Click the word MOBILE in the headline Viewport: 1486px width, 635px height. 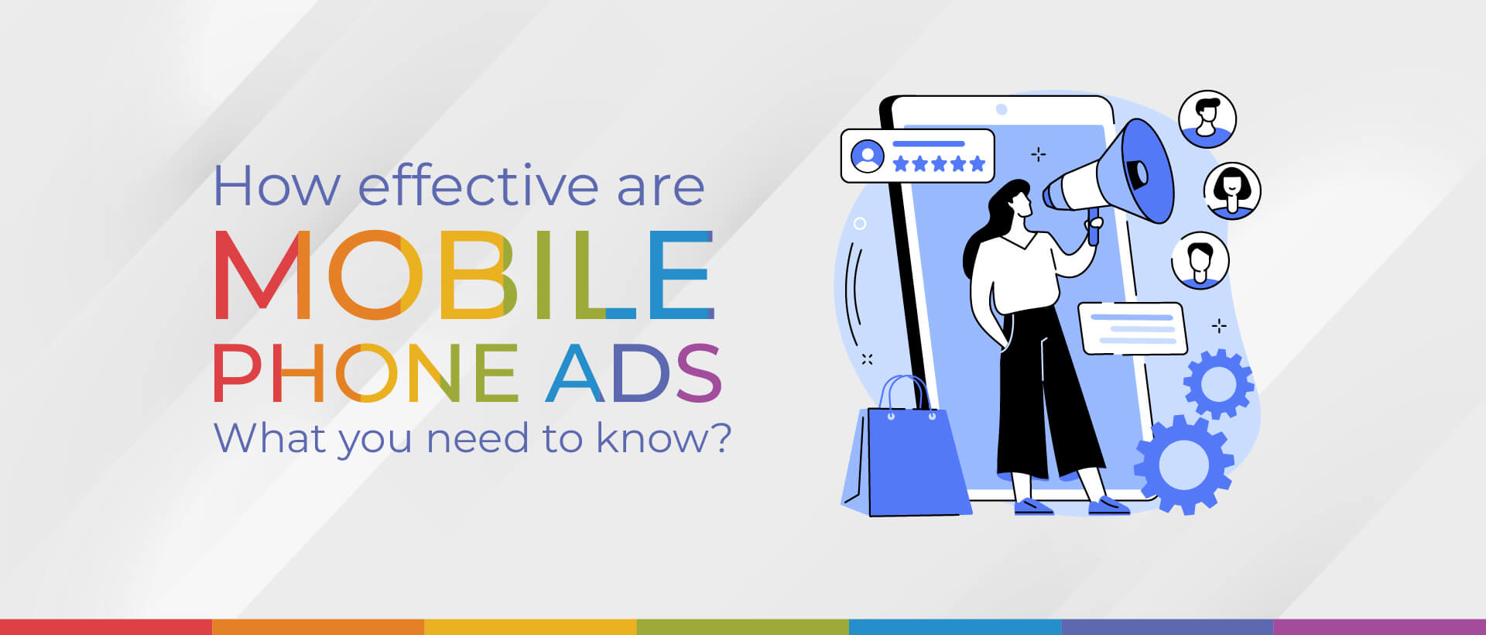463,275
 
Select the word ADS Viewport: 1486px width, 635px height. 633,374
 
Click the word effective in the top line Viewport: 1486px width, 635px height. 478,187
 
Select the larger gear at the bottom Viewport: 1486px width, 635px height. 1183,465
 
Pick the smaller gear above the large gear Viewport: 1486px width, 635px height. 1218,383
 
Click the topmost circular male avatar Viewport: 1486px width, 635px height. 1207,119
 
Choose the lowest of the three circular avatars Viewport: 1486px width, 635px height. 1200,260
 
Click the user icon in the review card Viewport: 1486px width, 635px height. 867,156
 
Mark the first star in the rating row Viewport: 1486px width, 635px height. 900,163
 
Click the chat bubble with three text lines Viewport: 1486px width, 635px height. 1132,328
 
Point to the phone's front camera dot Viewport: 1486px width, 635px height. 1002,109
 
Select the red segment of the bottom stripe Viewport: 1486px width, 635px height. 106,626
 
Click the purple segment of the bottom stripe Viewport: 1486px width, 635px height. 1379,626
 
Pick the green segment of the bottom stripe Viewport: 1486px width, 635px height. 742,626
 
